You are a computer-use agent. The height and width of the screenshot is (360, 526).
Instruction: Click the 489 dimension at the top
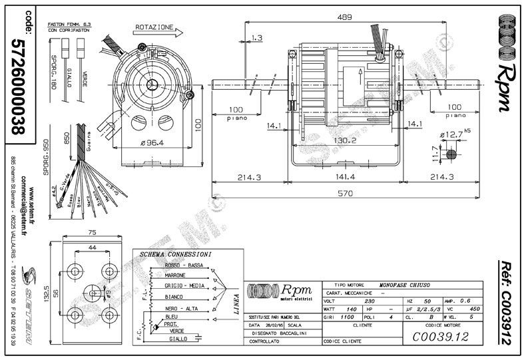point(344,17)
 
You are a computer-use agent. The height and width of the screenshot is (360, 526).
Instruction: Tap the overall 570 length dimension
point(344,194)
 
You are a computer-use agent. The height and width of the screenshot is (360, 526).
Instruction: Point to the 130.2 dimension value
point(345,141)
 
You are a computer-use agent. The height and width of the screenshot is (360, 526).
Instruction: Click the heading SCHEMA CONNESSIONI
point(176,255)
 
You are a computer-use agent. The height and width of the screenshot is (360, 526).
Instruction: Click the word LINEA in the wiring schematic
point(236,303)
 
